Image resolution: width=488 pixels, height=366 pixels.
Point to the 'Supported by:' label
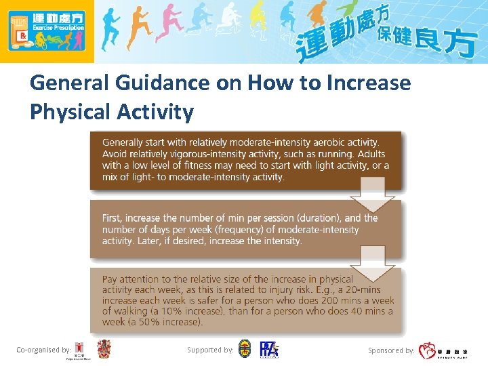211,350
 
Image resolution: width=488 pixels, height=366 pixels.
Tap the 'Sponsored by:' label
391,350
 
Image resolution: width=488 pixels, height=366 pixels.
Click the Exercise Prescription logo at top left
46,31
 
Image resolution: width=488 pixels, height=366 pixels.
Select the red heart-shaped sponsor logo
428,350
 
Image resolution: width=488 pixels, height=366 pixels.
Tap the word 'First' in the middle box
113,218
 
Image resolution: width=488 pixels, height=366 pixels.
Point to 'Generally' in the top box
123,142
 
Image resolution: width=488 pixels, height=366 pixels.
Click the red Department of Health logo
80,350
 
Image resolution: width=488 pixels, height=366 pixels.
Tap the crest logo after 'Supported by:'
245,350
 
